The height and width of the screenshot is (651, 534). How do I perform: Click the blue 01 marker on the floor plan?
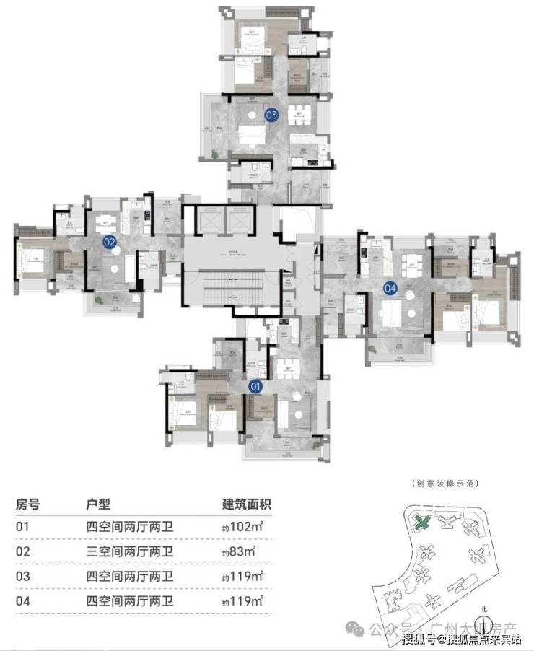point(255,387)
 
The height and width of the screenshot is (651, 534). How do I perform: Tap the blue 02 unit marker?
point(110,243)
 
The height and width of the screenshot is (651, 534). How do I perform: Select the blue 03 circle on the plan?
point(271,114)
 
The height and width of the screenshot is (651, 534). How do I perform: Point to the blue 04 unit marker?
point(390,288)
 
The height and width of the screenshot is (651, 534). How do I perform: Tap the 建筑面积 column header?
point(247,504)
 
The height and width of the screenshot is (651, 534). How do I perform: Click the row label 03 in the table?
point(23,576)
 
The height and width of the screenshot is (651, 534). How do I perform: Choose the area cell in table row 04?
point(242,600)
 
